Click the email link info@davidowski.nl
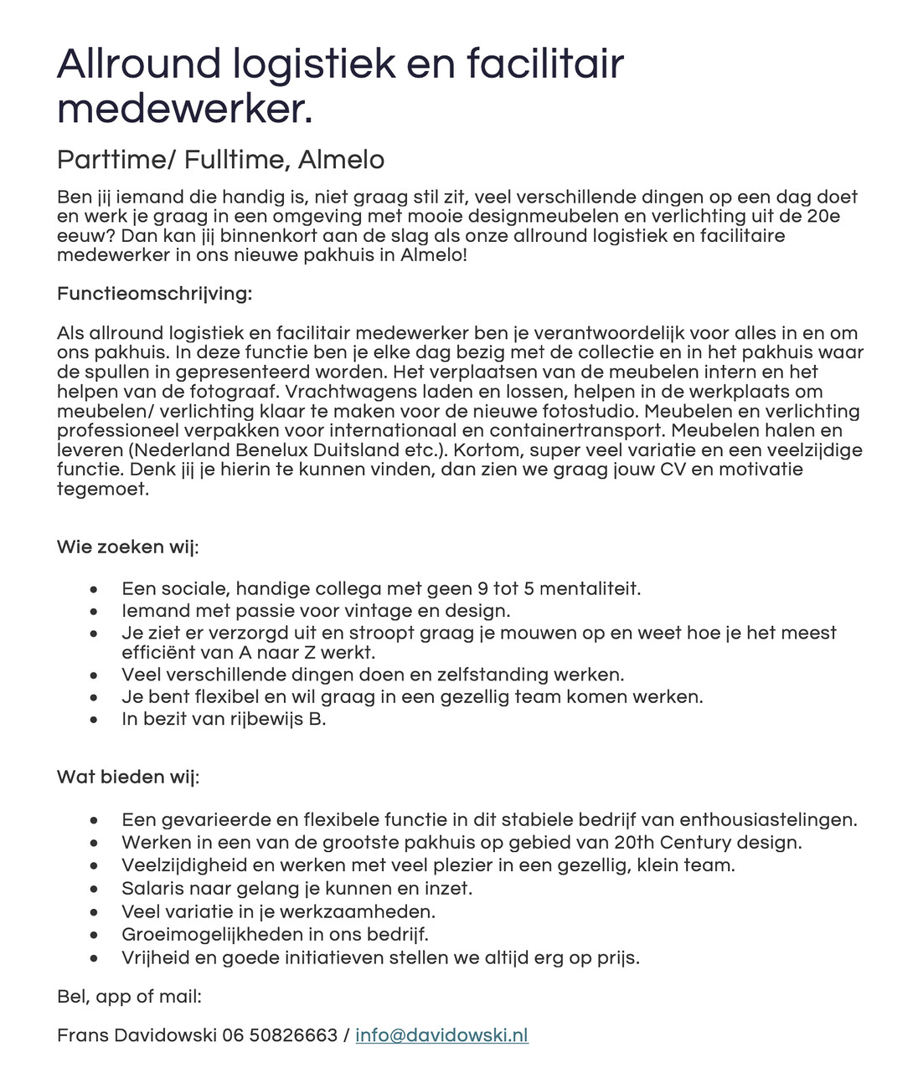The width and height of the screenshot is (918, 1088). [441, 1035]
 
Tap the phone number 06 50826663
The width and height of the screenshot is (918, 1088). [280, 1035]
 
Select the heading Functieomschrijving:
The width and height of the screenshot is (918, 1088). [154, 294]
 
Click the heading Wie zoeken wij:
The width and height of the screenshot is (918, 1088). [127, 547]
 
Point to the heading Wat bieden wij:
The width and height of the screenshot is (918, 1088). [127, 778]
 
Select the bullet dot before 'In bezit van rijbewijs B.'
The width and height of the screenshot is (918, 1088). [95, 720]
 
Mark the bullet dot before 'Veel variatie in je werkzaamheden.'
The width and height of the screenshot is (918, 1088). [95, 911]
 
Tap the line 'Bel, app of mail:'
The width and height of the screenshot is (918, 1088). [129, 997]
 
